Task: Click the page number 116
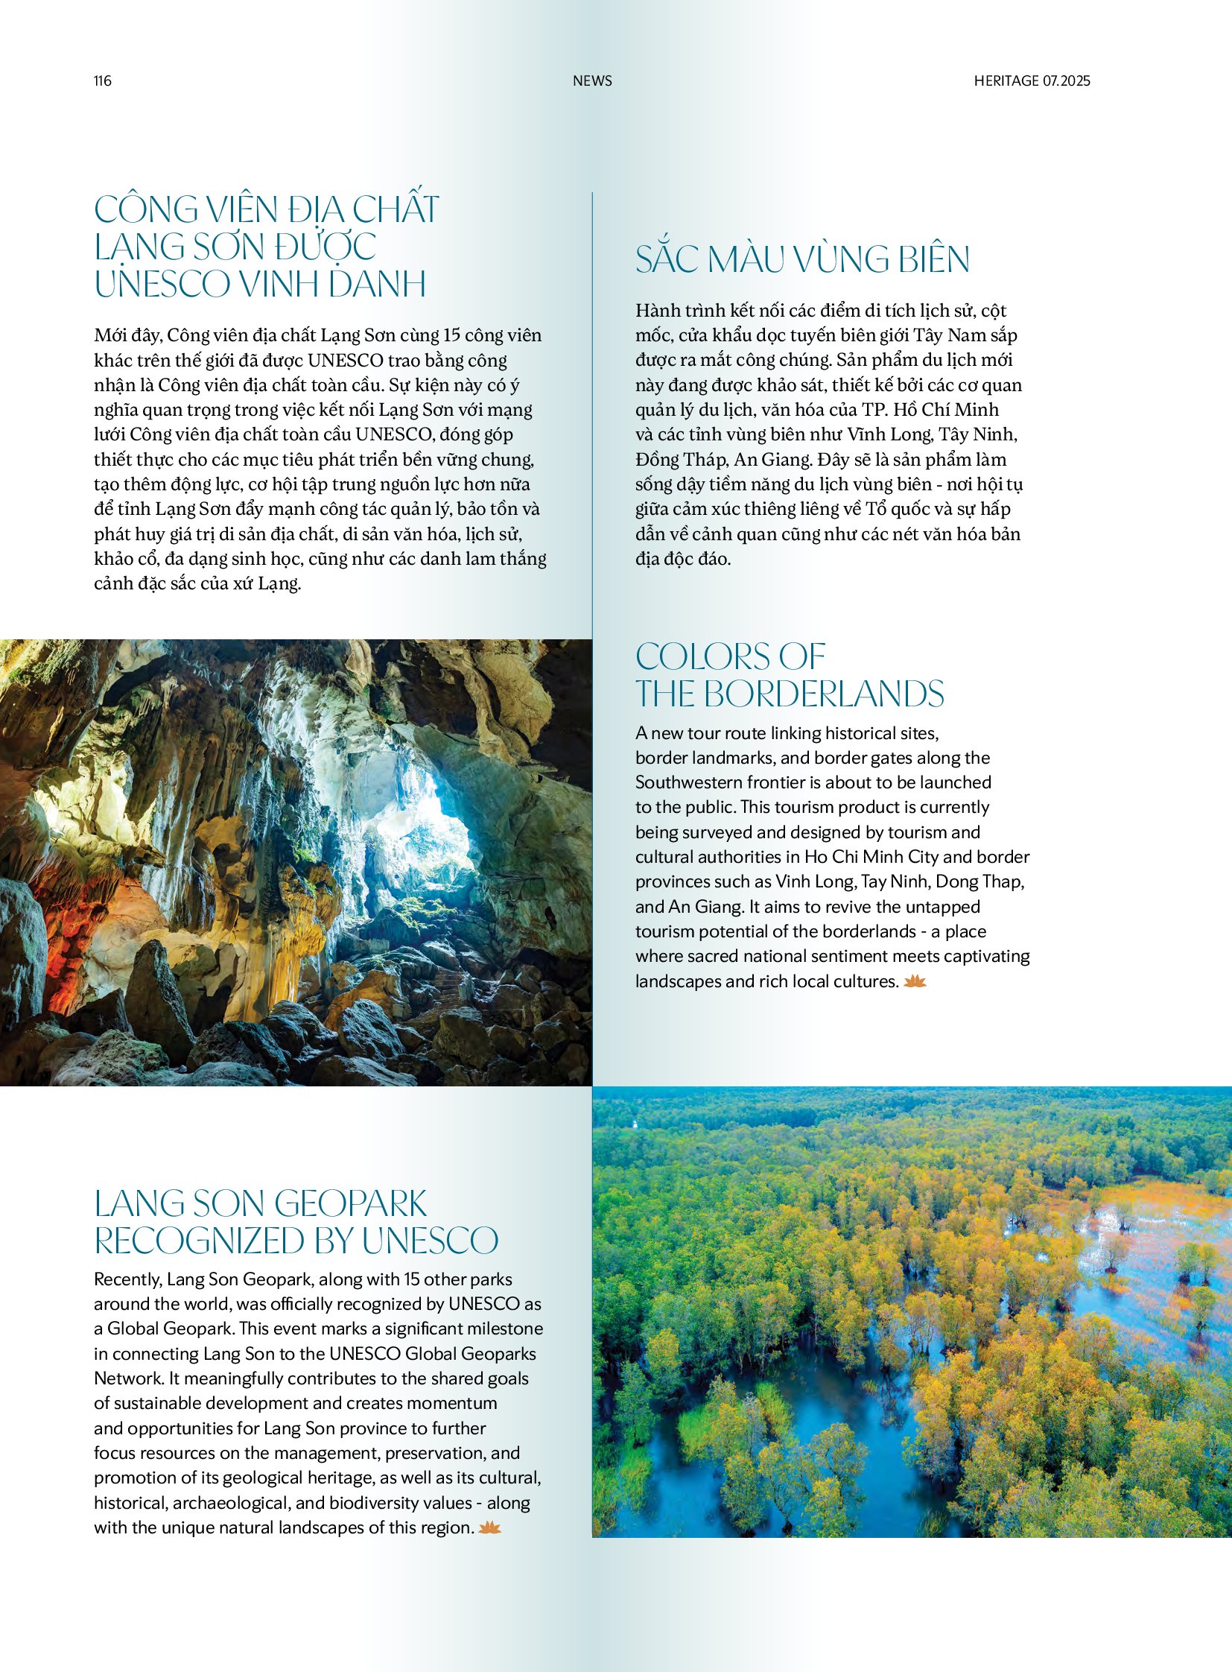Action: pyautogui.click(x=102, y=80)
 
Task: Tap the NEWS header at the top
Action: pyautogui.click(x=592, y=80)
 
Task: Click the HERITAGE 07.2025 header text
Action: pyautogui.click(x=1032, y=80)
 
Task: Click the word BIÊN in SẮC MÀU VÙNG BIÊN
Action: pyautogui.click(x=933, y=259)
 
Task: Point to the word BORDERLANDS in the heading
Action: pyautogui.click(x=823, y=694)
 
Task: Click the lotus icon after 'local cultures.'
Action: pyautogui.click(x=914, y=982)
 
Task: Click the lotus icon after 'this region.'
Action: pyautogui.click(x=489, y=1528)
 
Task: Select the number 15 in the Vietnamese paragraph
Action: pyautogui.click(x=451, y=336)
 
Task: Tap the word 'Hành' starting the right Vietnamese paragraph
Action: pyautogui.click(x=655, y=311)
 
